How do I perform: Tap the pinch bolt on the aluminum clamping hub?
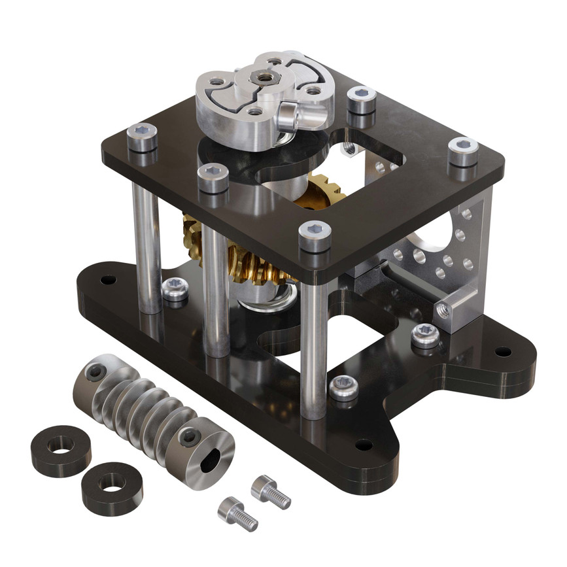288,117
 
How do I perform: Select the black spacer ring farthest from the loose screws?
61,451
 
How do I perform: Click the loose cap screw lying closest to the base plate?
269,490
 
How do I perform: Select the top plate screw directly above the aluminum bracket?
463,150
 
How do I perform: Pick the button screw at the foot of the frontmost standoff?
343,387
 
